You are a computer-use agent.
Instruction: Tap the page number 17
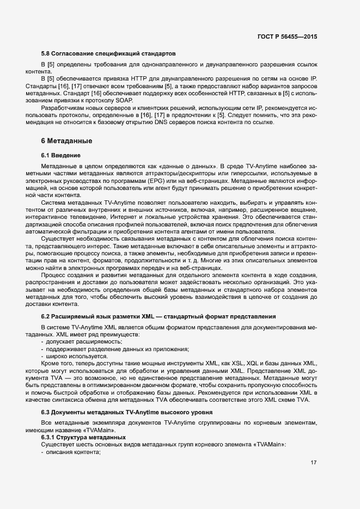point(313,463)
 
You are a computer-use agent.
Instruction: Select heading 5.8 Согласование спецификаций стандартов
point(108,54)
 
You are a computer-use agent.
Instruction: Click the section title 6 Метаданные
point(66,141)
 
